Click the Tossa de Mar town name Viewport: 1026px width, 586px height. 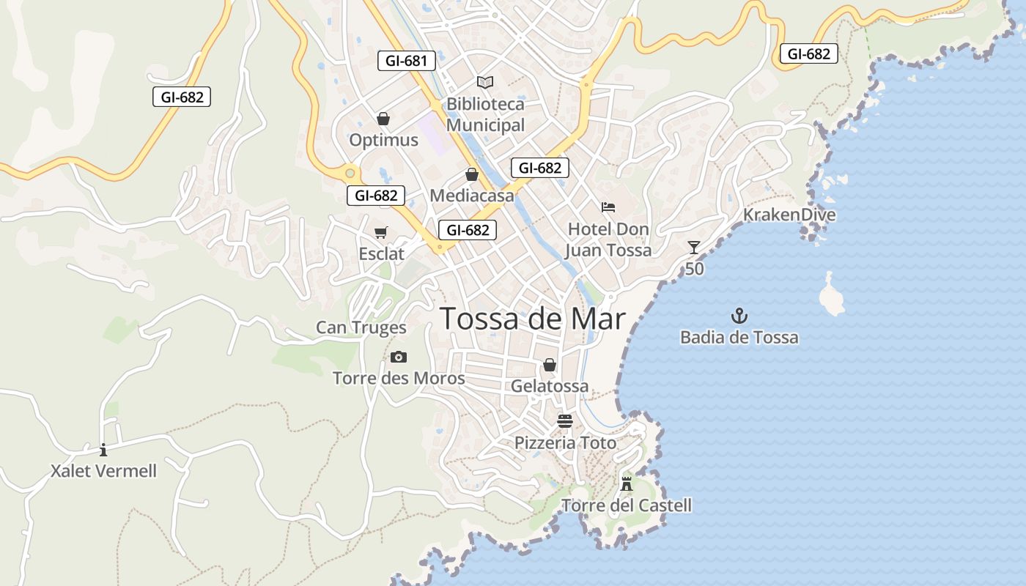coord(533,319)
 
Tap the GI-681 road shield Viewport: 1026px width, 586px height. coord(407,61)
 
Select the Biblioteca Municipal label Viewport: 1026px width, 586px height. coord(485,115)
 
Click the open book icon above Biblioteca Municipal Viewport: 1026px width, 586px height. coord(485,82)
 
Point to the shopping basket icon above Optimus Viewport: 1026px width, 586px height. coord(383,119)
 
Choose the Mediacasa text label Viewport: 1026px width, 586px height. coord(472,196)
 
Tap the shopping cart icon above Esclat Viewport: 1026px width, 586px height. coord(381,233)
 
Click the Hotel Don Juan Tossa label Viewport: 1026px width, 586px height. coord(608,240)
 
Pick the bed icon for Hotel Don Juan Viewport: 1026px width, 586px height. coord(608,207)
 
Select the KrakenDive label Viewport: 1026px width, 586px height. coord(789,215)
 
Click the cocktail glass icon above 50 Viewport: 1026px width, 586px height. coord(694,248)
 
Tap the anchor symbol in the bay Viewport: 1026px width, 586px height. coord(739,316)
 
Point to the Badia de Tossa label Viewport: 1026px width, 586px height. coord(739,338)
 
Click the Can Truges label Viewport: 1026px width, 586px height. coord(361,327)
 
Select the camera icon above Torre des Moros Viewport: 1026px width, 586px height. coord(399,357)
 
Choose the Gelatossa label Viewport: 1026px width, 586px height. coord(550,386)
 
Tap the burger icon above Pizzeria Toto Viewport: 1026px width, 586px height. coord(565,421)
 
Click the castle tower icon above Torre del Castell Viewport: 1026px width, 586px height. coord(627,483)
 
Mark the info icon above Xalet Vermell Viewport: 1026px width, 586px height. coord(103,450)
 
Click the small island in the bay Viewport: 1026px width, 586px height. coord(831,296)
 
